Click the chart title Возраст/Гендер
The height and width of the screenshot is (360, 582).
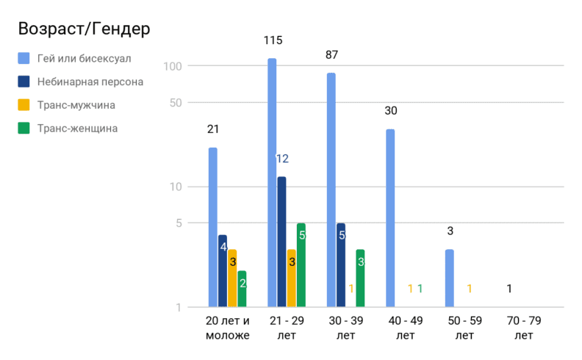coord(84,29)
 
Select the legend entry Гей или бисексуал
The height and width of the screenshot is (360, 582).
coord(84,58)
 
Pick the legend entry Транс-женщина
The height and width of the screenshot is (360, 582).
coord(77,129)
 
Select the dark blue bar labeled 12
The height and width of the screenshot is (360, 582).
coord(281,242)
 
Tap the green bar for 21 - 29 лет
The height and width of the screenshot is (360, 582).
coord(301,264)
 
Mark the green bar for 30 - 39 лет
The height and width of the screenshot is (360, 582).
coord(360,278)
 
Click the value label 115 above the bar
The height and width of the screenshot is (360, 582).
coord(273,40)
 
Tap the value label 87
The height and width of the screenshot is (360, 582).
coord(331,55)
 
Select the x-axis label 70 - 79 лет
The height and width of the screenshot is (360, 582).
coord(523,328)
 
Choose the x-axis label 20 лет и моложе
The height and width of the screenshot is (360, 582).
coord(227,328)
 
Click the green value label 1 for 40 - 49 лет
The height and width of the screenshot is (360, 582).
coord(420,289)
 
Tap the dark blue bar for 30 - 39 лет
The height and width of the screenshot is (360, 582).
coord(340,264)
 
